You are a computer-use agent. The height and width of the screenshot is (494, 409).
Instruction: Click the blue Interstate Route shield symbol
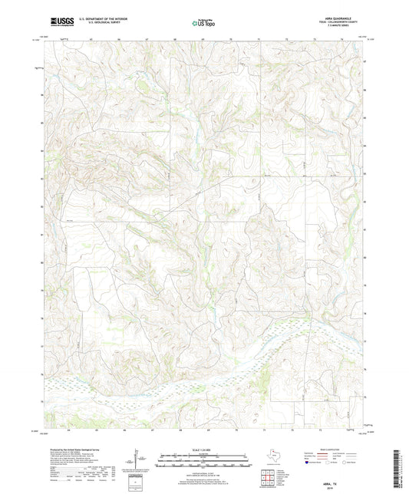point(308,463)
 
